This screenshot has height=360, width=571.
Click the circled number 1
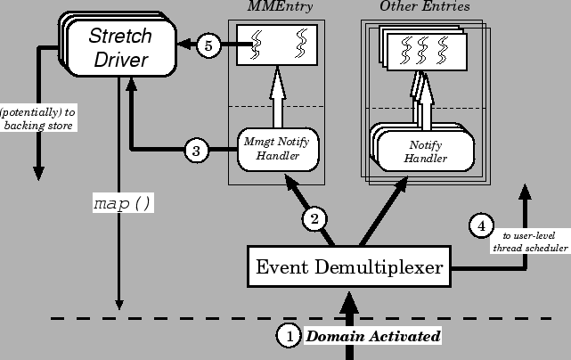[x=289, y=336]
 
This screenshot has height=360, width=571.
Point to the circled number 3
[x=198, y=150]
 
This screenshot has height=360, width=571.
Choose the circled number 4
[x=481, y=226]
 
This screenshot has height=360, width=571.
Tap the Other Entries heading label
[x=421, y=7]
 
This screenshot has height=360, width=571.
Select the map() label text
[x=123, y=203]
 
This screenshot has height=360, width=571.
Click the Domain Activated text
[x=373, y=336]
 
